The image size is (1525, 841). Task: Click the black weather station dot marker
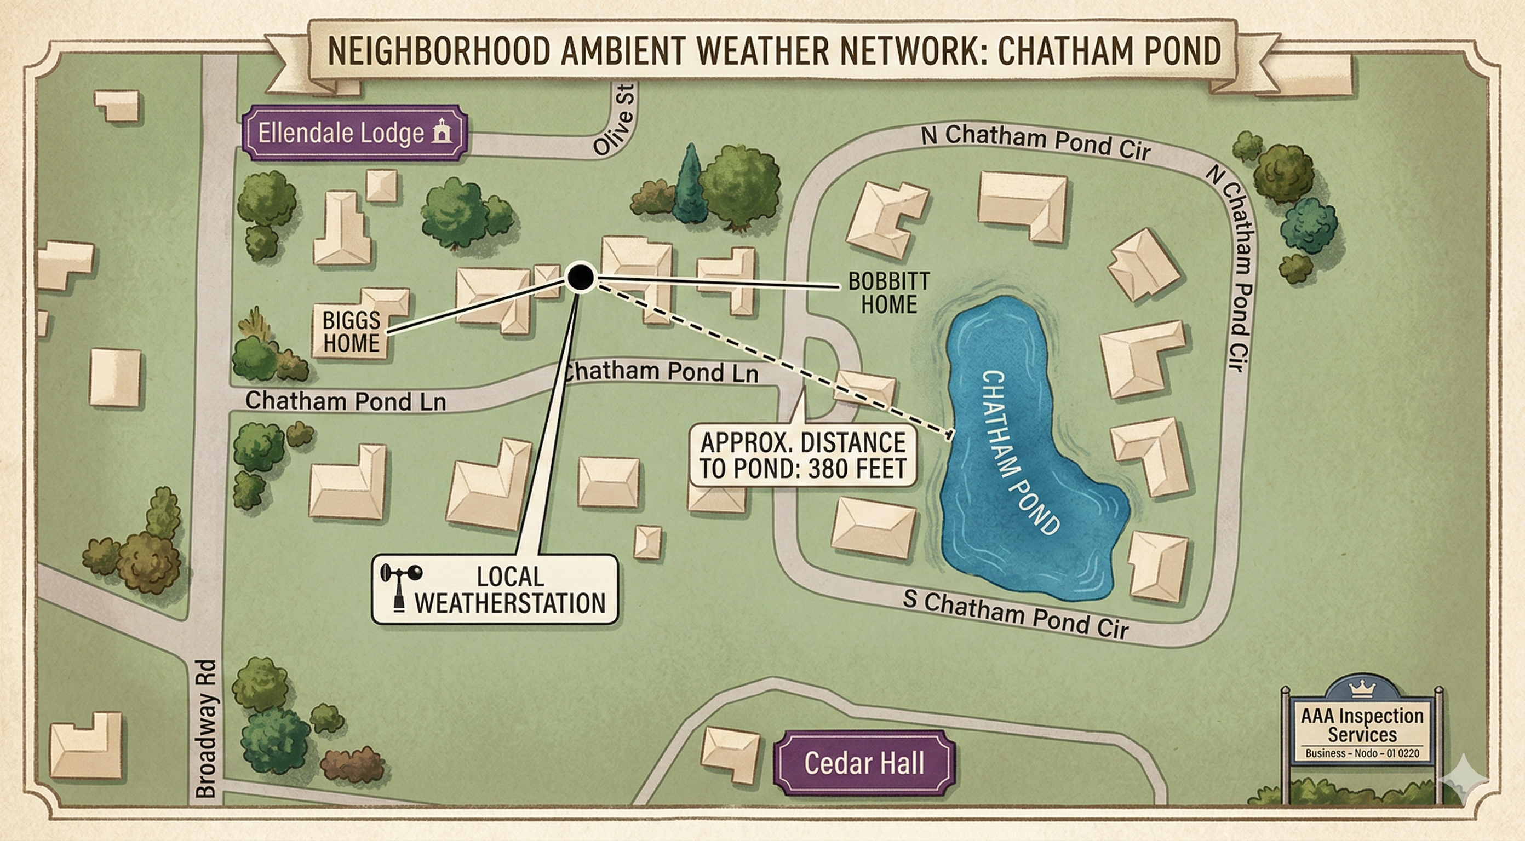pyautogui.click(x=580, y=277)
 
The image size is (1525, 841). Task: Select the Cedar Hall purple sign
pyautogui.click(x=864, y=763)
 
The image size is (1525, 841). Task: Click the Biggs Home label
pyautogui.click(x=351, y=332)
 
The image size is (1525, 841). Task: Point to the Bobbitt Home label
pyautogui.click(x=888, y=292)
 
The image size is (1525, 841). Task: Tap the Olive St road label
pyautogui.click(x=616, y=120)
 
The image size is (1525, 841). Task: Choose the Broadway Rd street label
pyautogui.click(x=205, y=729)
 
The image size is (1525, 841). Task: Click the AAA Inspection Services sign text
pyautogui.click(x=1362, y=725)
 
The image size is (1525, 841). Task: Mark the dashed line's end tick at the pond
pyautogui.click(x=950, y=436)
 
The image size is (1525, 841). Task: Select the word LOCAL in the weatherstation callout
pyautogui.click(x=510, y=577)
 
